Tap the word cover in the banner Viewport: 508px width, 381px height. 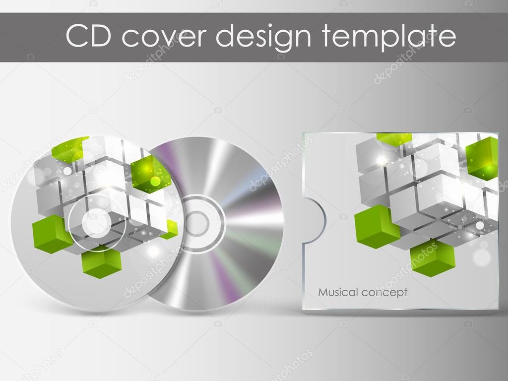[x=164, y=38]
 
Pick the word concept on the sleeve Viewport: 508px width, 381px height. [x=384, y=293]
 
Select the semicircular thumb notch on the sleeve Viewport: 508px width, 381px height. [x=315, y=220]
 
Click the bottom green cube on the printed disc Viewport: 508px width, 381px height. [x=102, y=263]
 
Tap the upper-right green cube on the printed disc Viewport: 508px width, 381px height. [x=148, y=174]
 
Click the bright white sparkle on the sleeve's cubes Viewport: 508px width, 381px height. [x=383, y=159]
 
